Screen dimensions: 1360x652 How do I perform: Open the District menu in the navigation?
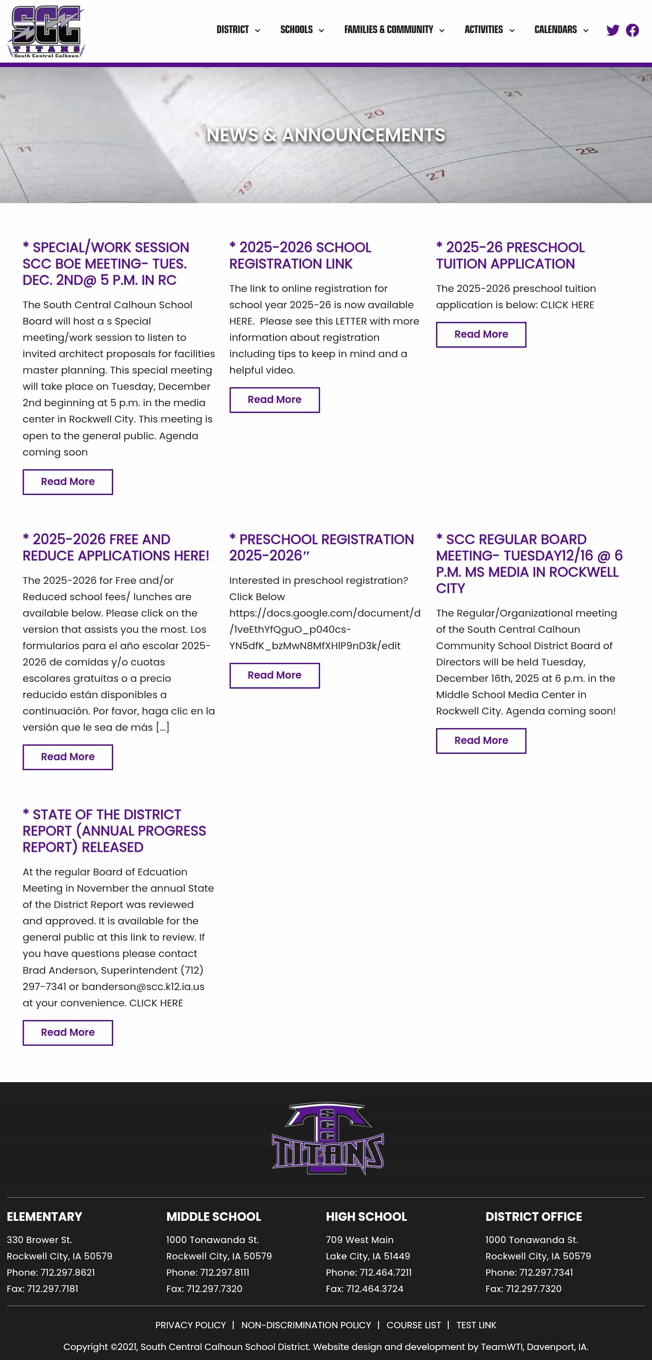click(238, 30)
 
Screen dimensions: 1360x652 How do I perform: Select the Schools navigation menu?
click(302, 30)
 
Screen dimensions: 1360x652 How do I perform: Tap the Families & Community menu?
click(393, 30)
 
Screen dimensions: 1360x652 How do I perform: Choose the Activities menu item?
click(489, 30)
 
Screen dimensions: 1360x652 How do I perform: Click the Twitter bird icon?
click(613, 30)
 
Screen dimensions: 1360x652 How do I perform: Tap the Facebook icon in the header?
click(632, 30)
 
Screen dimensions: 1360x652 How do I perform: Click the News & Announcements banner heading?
click(326, 135)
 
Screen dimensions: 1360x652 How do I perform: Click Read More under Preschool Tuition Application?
click(480, 335)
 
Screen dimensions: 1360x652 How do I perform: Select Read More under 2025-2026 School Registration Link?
click(274, 400)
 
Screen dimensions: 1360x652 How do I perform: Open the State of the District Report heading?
click(114, 831)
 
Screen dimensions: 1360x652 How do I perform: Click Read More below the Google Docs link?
click(274, 675)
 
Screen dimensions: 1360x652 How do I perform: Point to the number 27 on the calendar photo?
click(435, 175)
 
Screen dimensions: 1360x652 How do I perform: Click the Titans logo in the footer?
click(327, 1138)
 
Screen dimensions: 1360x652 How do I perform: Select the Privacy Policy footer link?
click(191, 1325)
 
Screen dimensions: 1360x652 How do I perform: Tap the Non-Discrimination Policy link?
click(306, 1325)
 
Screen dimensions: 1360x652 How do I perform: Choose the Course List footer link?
click(413, 1325)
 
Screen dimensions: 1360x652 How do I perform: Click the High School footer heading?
click(366, 1216)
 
